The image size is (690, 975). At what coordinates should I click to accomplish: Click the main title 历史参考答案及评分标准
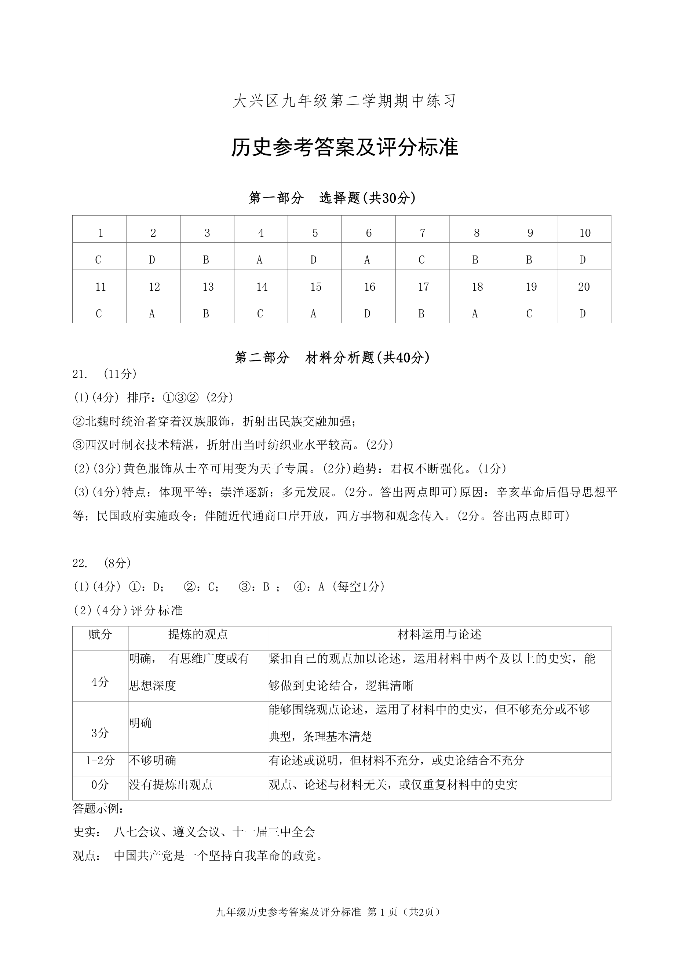click(x=344, y=147)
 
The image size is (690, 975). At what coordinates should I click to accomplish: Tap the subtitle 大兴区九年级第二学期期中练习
click(x=344, y=101)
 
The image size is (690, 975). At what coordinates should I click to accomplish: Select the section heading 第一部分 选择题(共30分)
click(x=332, y=198)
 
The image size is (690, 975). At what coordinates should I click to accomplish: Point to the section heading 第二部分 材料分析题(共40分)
click(x=332, y=357)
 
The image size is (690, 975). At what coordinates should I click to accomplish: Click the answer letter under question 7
click(x=421, y=260)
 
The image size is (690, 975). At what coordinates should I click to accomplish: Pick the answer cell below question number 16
click(x=368, y=313)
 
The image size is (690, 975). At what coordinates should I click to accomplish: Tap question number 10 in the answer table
click(x=585, y=233)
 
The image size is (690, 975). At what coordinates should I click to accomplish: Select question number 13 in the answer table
click(x=208, y=287)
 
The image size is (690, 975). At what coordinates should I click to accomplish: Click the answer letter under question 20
click(x=583, y=313)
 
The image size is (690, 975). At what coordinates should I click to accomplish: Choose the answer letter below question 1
click(x=99, y=260)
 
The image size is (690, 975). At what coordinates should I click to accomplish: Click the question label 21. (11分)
click(x=105, y=374)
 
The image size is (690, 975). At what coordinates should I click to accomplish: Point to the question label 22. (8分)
click(x=102, y=563)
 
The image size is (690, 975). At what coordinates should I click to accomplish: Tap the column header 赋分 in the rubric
click(x=100, y=634)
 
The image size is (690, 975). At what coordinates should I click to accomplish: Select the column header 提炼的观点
click(x=198, y=634)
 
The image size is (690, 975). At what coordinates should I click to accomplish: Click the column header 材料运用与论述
click(x=439, y=634)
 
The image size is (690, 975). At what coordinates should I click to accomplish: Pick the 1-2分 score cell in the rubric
click(x=100, y=761)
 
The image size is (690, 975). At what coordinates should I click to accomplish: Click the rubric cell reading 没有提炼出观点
click(x=171, y=784)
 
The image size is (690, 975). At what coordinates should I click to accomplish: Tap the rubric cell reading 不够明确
click(x=153, y=761)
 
